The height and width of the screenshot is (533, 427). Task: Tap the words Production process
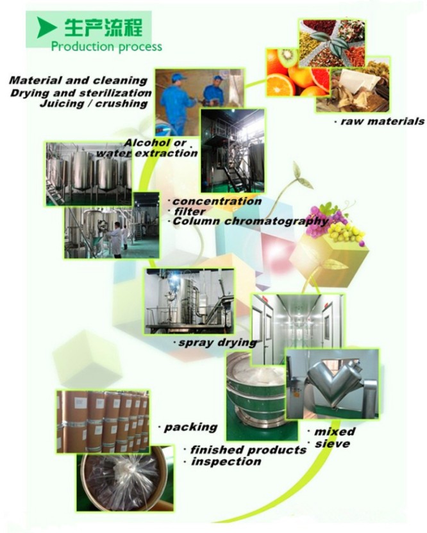click(x=106, y=46)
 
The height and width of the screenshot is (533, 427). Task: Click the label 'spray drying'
click(x=216, y=343)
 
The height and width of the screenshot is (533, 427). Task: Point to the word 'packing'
click(x=190, y=427)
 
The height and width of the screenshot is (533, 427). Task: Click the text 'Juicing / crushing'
click(x=93, y=103)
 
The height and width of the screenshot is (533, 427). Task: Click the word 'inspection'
click(x=226, y=461)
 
